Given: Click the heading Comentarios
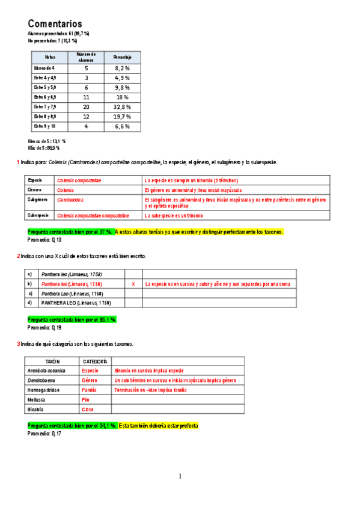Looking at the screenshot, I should coord(55,23).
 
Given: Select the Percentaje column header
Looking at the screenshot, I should coord(122,57).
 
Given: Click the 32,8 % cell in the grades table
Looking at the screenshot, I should coord(122,106).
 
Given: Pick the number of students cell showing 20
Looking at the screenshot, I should coord(86,106).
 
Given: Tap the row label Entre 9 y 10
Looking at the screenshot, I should coord(46,126).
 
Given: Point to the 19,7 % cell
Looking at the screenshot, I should coord(122,116).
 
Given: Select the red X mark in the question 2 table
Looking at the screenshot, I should coord(133,284).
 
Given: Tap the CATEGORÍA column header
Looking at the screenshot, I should coord(94,361).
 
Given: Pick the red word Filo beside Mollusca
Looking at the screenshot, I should coord(85,399).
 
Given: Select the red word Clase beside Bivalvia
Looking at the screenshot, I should coord(88,409).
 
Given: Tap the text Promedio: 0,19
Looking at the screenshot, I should coord(44,328).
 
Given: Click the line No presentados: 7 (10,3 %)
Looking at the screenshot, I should coord(52,41).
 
